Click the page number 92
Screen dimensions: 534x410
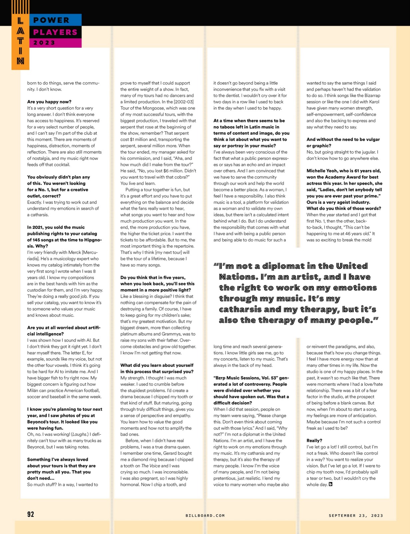coord(31,514)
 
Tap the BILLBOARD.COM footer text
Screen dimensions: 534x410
coord(205,515)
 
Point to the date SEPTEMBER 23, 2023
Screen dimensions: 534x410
coord(356,515)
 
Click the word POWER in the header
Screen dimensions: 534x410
coord(51,20)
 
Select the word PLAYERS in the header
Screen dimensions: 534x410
coord(55,32)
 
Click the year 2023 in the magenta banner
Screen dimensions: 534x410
coord(44,43)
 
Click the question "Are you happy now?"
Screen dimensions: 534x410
coord(49,102)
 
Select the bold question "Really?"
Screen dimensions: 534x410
coord(314,441)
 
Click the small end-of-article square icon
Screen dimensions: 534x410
coord(330,484)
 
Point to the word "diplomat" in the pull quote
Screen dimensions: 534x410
coord(283,266)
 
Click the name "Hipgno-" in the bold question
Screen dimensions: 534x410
coord(91,240)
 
